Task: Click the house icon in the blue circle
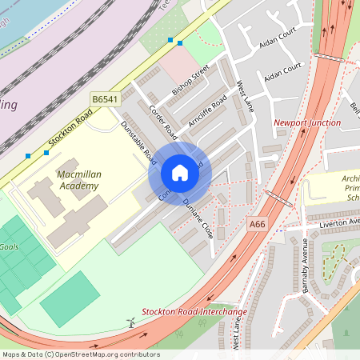[x=180, y=173]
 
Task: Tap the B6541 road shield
[x=104, y=98]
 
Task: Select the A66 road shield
[x=256, y=225]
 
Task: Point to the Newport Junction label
[x=302, y=123]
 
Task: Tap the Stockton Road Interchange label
[x=194, y=311]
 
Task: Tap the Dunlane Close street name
[x=196, y=218]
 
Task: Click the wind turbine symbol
[x=130, y=322]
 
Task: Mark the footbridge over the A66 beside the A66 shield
[x=277, y=198]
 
